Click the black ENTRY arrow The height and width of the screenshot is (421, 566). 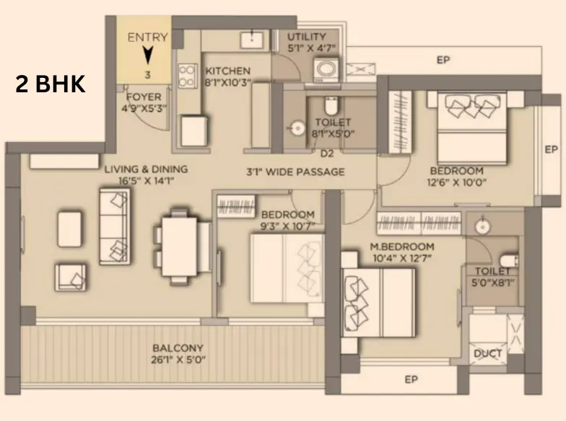point(147,56)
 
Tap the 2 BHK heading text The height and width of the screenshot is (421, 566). point(51,84)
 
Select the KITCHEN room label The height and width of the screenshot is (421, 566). point(228,71)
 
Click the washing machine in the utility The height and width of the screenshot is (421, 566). point(326,70)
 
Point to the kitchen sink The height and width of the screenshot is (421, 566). point(252,39)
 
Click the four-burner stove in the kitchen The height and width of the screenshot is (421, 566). point(188,76)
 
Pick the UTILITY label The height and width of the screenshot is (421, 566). point(307,36)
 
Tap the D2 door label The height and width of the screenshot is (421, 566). point(327,154)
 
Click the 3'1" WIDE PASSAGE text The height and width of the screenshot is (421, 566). point(296,172)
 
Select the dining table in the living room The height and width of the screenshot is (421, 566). point(179,247)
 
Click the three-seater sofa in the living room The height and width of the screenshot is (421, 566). point(114,226)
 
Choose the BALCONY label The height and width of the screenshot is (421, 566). point(178,348)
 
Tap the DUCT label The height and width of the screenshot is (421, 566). point(488,353)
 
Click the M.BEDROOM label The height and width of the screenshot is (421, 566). point(402,247)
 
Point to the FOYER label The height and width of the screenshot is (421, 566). point(144,97)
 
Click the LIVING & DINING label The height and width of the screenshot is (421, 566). point(146,169)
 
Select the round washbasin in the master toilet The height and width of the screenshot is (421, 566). point(482,226)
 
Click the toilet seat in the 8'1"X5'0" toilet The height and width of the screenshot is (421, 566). point(331,105)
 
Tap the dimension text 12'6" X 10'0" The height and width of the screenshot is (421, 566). point(456,182)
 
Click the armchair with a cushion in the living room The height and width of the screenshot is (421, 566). point(71,278)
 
